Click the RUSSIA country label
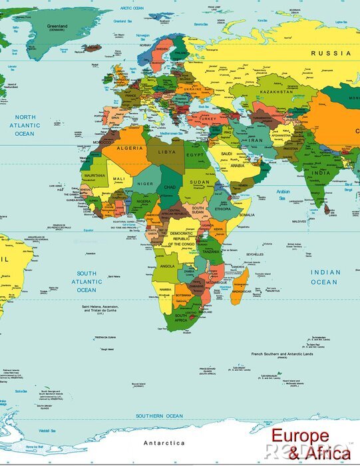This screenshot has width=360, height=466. click(x=330, y=52)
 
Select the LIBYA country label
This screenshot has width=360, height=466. click(x=167, y=152)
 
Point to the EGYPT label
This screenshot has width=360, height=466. click(x=194, y=155)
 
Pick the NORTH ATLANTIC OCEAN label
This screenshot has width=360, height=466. click(x=25, y=125)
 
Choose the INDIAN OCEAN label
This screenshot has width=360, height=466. click(x=325, y=277)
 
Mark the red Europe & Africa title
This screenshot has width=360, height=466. click(x=309, y=445)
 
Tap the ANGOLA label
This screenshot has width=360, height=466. click(x=168, y=266)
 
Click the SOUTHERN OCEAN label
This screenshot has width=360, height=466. click(x=159, y=416)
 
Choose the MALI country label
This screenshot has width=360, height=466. click(x=118, y=180)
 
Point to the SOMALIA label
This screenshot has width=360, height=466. click(x=247, y=215)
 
